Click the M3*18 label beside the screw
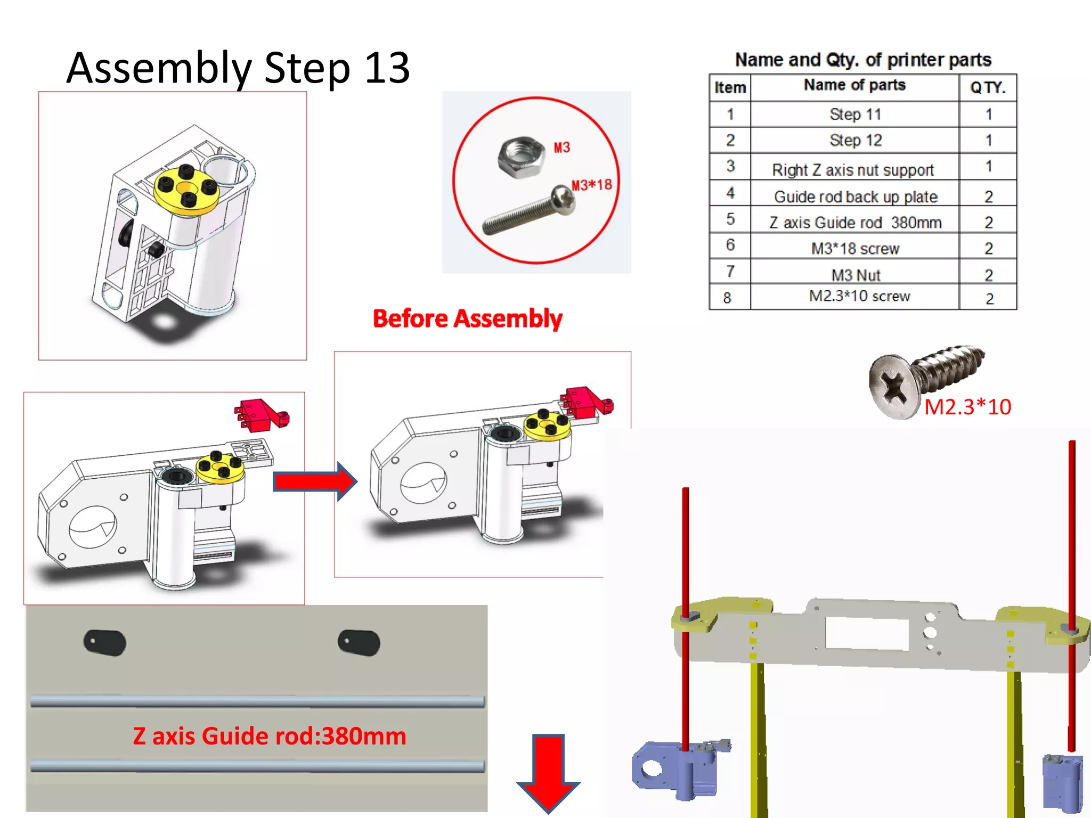(591, 185)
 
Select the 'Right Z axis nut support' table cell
(853, 169)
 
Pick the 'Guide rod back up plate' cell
(855, 197)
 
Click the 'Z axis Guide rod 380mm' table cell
(855, 222)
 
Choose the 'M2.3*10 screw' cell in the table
(859, 296)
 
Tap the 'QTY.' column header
(987, 87)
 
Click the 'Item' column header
(729, 87)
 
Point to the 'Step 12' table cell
(855, 140)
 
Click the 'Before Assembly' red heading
(467, 318)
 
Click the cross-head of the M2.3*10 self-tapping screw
(893, 387)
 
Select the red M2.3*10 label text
(967, 407)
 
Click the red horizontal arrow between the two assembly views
(314, 481)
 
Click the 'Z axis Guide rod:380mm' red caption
(269, 736)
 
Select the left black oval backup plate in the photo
(105, 643)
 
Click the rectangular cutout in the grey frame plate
(867, 633)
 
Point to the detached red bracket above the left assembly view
(261, 415)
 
